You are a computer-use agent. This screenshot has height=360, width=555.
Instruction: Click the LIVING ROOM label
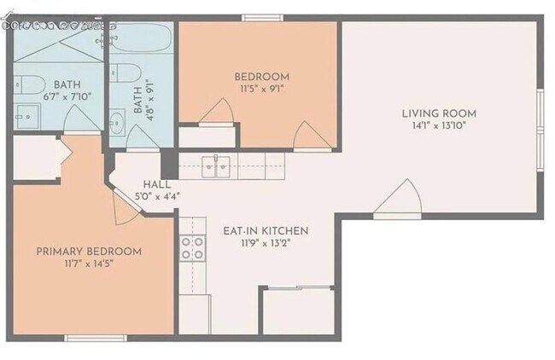pos(440,113)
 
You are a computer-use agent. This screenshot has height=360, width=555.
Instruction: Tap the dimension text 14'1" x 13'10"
pos(440,127)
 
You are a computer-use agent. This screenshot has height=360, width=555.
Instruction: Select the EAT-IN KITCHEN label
pos(265,231)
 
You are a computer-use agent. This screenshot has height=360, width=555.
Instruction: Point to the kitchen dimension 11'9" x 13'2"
pos(265,245)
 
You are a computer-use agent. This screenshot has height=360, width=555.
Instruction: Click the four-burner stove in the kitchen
pos(193,247)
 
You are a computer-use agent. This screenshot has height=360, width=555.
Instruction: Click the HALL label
pos(157,183)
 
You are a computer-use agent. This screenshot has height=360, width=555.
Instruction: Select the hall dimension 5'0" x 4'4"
pos(157,196)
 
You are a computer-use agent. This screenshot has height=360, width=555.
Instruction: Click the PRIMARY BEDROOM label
pos(88,252)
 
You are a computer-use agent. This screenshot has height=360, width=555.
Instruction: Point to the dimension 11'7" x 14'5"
pos(88,264)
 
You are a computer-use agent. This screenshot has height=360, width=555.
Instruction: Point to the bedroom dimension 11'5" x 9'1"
pos(261,90)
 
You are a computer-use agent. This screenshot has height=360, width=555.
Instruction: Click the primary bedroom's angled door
pos(122,206)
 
